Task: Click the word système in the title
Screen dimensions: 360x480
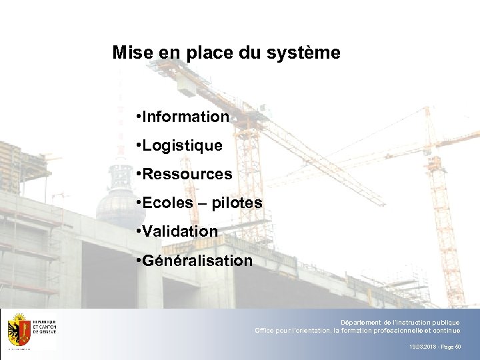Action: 307,53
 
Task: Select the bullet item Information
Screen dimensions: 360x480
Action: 185,117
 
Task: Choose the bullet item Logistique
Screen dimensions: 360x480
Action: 181,145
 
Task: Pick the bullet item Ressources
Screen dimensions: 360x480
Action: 187,174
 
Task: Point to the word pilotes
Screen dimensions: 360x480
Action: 237,203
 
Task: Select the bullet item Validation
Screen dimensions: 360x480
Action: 180,231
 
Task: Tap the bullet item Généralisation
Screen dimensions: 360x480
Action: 197,260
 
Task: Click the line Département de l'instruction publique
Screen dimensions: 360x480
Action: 400,322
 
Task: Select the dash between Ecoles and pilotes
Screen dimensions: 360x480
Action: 203,203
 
